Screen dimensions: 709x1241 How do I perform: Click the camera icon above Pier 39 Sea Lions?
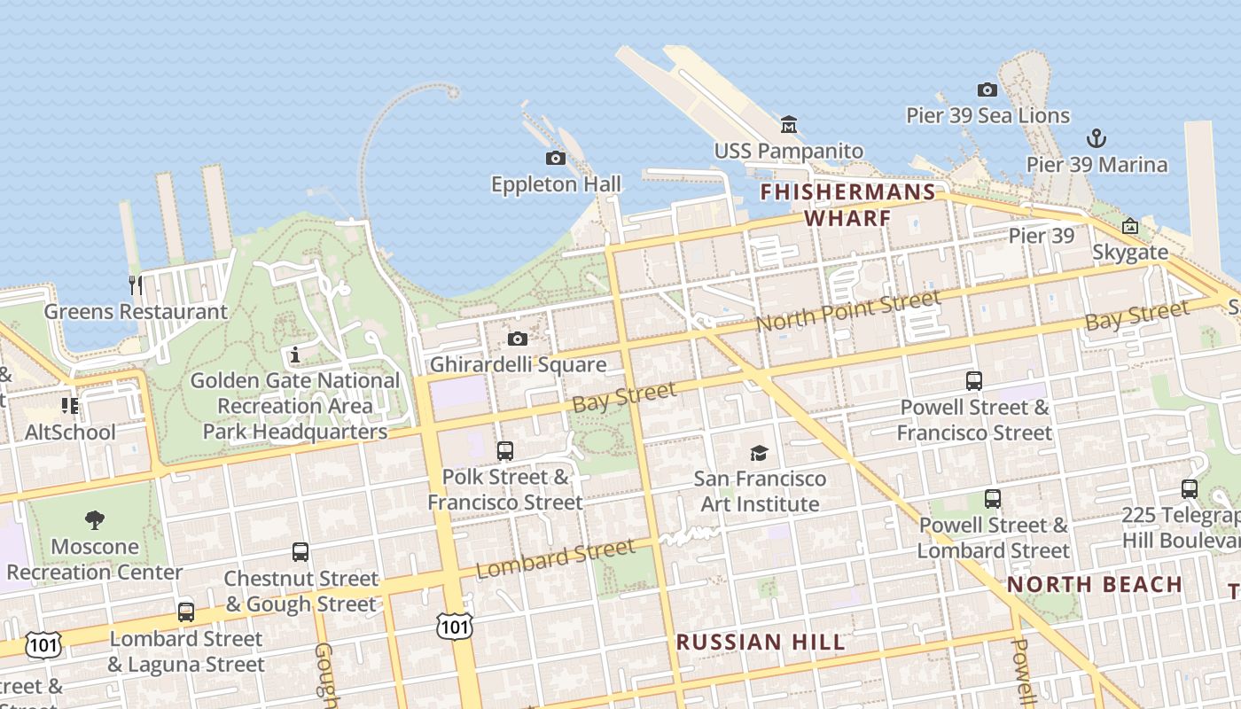(x=987, y=90)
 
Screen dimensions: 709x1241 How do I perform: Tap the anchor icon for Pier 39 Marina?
(x=1097, y=138)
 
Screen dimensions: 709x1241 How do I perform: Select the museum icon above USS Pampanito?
(x=788, y=124)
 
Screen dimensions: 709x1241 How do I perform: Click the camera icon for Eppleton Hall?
(x=556, y=158)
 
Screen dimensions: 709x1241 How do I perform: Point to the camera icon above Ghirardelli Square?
(x=518, y=339)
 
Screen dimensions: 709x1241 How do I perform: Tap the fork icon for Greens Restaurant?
(x=135, y=284)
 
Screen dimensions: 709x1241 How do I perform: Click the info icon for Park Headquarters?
(x=295, y=355)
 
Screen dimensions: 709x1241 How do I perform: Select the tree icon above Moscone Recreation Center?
(x=94, y=520)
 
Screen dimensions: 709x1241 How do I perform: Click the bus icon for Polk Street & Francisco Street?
(x=504, y=451)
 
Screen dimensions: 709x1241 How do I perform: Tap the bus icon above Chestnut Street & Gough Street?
(x=300, y=552)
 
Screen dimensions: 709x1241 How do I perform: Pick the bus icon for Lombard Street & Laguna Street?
(x=185, y=612)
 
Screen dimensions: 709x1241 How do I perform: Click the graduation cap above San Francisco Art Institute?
(x=760, y=453)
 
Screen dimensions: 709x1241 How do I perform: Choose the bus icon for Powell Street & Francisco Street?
(x=974, y=381)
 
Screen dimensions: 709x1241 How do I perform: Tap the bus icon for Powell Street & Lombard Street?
(x=993, y=499)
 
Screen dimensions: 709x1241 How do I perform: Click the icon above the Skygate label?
(x=1129, y=226)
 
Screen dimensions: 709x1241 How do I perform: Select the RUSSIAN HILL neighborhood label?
(x=761, y=643)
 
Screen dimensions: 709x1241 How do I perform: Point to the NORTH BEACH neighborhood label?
(x=1095, y=585)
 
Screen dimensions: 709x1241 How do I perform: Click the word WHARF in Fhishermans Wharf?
(x=847, y=218)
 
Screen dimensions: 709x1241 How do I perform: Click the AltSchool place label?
(x=70, y=432)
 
